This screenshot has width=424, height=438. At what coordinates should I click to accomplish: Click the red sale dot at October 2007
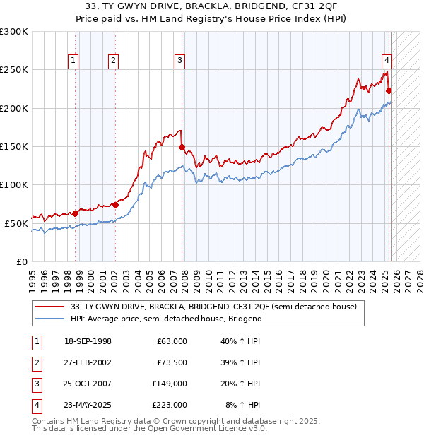(x=182, y=148)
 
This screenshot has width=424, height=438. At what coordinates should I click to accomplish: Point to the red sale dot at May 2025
(x=389, y=90)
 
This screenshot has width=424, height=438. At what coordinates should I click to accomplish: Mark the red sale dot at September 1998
(x=75, y=213)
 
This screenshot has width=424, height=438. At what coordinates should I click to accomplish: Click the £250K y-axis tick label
(x=14, y=70)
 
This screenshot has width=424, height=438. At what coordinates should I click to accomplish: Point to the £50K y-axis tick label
(x=16, y=223)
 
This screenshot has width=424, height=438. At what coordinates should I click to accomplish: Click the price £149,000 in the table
(x=169, y=384)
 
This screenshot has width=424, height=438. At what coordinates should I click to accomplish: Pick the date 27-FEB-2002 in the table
(x=87, y=362)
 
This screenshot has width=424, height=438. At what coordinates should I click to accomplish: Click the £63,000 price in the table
(x=171, y=341)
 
